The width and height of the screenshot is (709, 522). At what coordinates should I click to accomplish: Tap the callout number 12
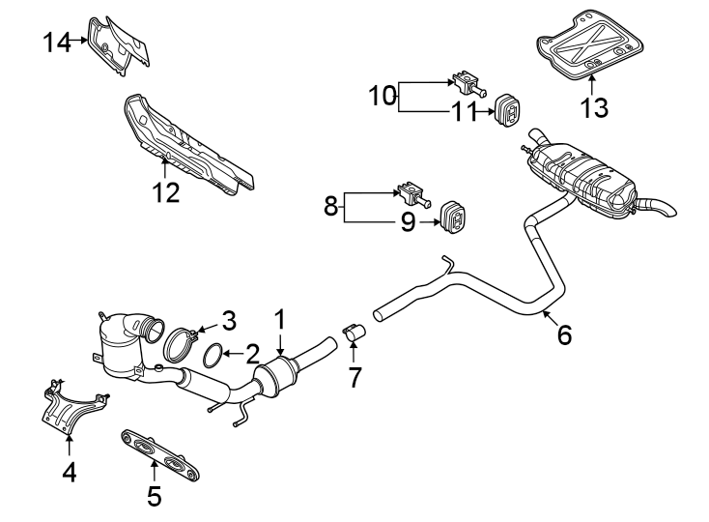click(165, 192)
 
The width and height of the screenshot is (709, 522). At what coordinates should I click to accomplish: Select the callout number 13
click(593, 106)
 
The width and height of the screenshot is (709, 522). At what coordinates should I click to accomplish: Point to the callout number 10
click(382, 96)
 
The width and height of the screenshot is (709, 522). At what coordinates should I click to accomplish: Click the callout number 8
click(331, 206)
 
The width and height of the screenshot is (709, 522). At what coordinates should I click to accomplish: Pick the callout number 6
click(564, 334)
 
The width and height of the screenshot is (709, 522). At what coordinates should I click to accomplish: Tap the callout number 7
click(354, 377)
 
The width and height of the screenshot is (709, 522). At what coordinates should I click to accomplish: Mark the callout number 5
click(154, 496)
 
